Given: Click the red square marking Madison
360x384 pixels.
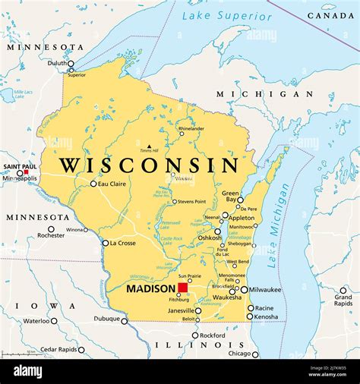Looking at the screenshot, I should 183,288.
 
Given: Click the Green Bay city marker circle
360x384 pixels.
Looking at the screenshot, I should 240,200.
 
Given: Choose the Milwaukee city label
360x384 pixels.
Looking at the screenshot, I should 265,289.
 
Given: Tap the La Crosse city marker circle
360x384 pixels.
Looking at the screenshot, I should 105,243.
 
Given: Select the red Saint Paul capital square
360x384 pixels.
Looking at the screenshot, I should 27,172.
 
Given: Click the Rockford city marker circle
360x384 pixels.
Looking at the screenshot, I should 195,335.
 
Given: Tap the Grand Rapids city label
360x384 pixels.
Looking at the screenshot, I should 343,299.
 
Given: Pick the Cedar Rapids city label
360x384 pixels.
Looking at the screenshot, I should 58,350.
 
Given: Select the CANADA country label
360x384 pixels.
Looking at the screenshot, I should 330,15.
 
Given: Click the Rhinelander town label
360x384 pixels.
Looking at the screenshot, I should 191,128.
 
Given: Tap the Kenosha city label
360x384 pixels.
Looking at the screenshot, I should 267,316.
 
